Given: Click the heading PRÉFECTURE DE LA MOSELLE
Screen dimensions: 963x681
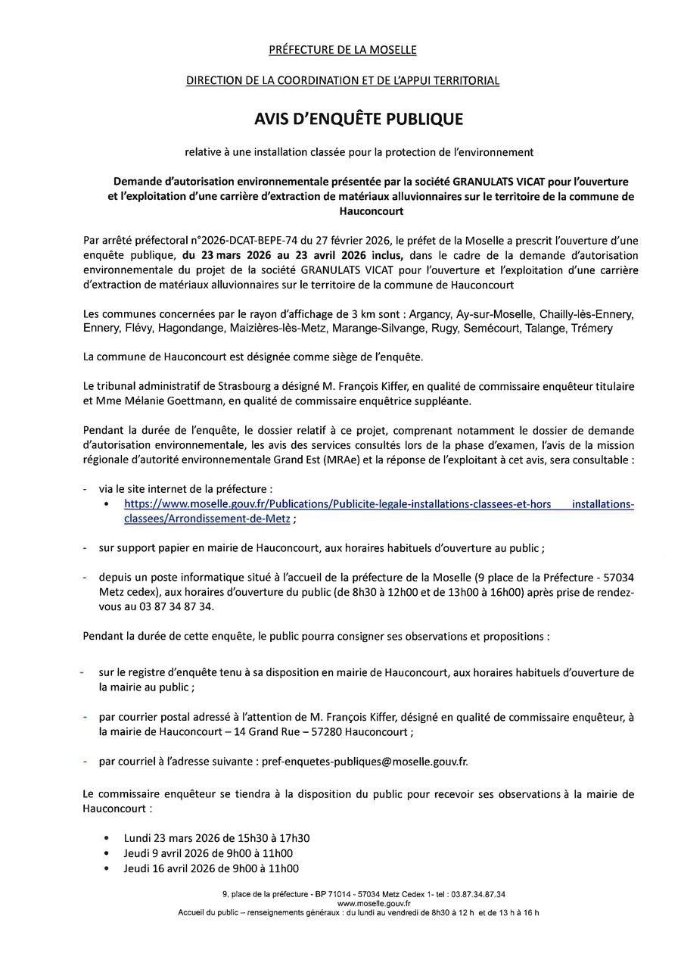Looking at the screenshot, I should tap(343, 50).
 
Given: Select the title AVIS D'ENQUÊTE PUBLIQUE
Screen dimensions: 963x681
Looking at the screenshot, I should tap(358, 119).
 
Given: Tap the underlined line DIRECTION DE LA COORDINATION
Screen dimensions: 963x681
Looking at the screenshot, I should tap(343, 80).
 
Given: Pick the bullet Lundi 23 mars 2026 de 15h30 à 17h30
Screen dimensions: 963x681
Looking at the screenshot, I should tap(216, 838).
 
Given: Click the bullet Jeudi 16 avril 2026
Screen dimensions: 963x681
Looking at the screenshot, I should tap(211, 868).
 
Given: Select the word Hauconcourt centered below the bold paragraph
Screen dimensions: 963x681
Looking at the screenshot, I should tap(371, 212).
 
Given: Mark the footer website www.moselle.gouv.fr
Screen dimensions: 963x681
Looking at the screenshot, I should tap(374, 903).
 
